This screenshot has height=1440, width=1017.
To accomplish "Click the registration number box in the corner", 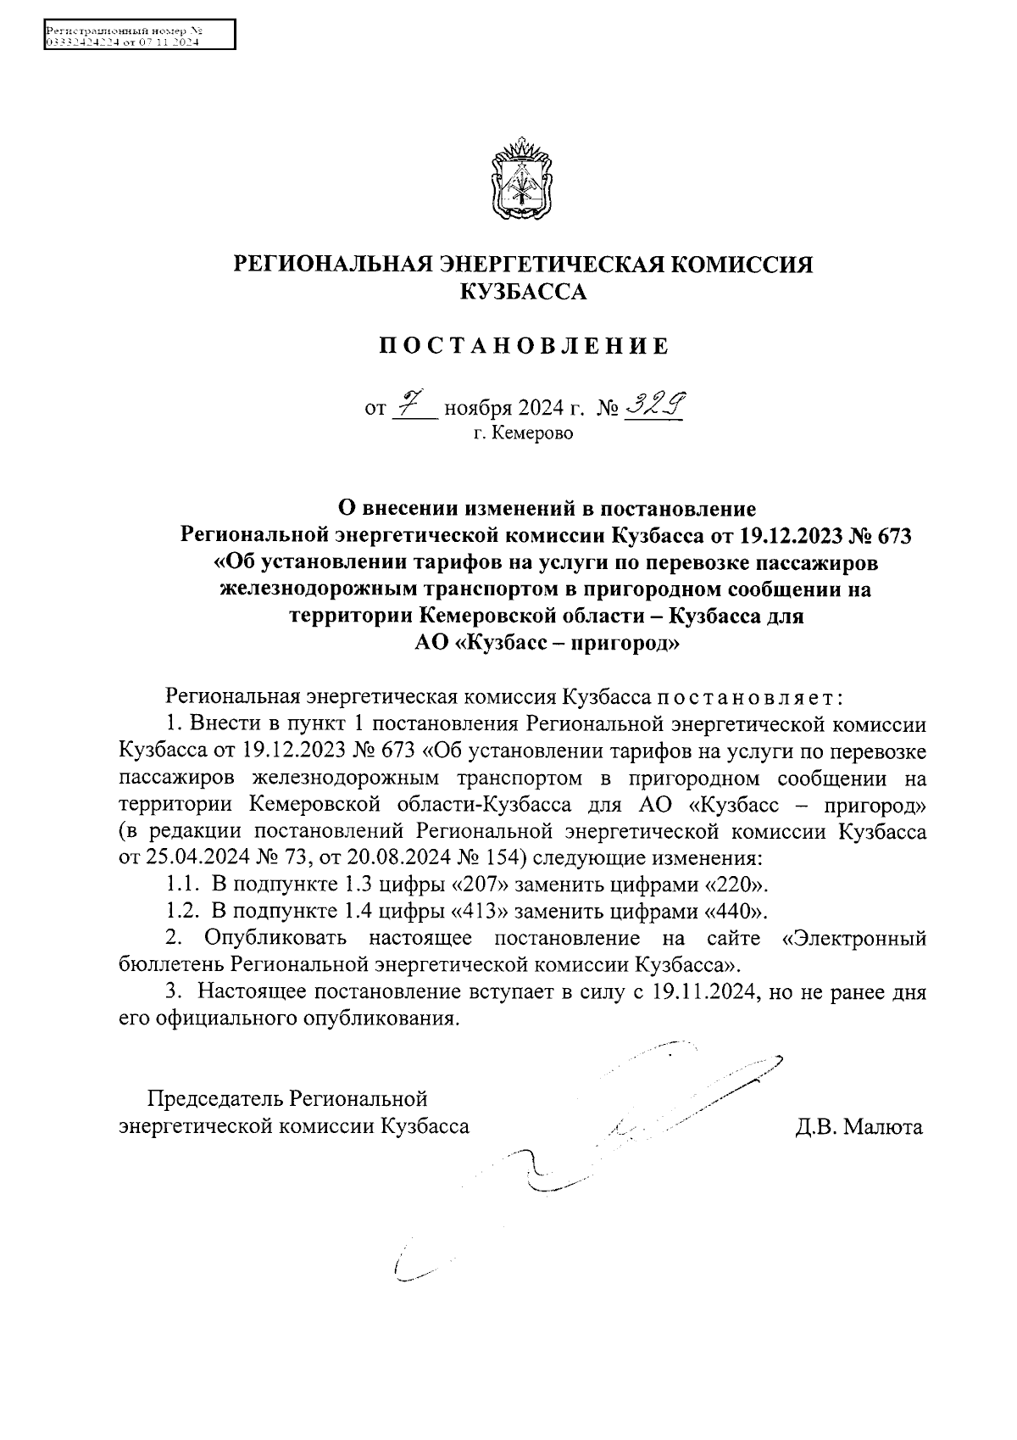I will tap(138, 36).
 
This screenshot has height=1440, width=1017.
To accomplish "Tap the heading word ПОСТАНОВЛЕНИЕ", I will tap(523, 346).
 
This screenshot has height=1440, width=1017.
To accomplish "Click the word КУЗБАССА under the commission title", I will tap(523, 293).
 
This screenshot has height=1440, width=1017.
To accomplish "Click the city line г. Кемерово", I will tap(523, 434).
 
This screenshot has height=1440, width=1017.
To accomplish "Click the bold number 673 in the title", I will tap(896, 536).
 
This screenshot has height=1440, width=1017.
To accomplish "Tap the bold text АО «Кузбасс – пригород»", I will tap(547, 643).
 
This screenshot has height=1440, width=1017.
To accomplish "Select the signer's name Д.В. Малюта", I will tap(859, 1127).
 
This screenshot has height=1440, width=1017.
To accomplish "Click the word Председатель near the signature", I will tap(215, 1099).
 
